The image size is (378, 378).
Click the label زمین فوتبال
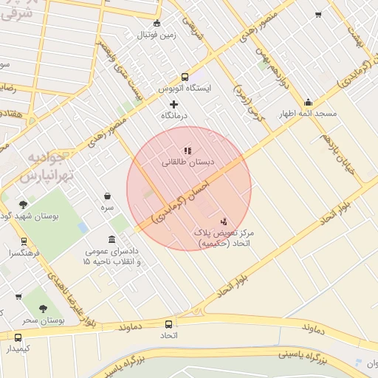157,35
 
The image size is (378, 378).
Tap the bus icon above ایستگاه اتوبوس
184,76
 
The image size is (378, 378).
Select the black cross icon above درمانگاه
174,104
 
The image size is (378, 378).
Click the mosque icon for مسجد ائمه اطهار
308,102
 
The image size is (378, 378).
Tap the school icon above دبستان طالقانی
188,151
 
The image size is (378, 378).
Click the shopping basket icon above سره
109,196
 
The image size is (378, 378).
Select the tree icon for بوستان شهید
23,205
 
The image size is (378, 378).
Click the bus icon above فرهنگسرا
24,241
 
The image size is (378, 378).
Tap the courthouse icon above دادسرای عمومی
111,240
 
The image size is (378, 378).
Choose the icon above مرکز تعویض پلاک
224,221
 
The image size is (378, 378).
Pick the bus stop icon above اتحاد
169,324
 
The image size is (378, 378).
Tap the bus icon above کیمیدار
18,337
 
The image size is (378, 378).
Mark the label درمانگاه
175,116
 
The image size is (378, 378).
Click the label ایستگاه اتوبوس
185,88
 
